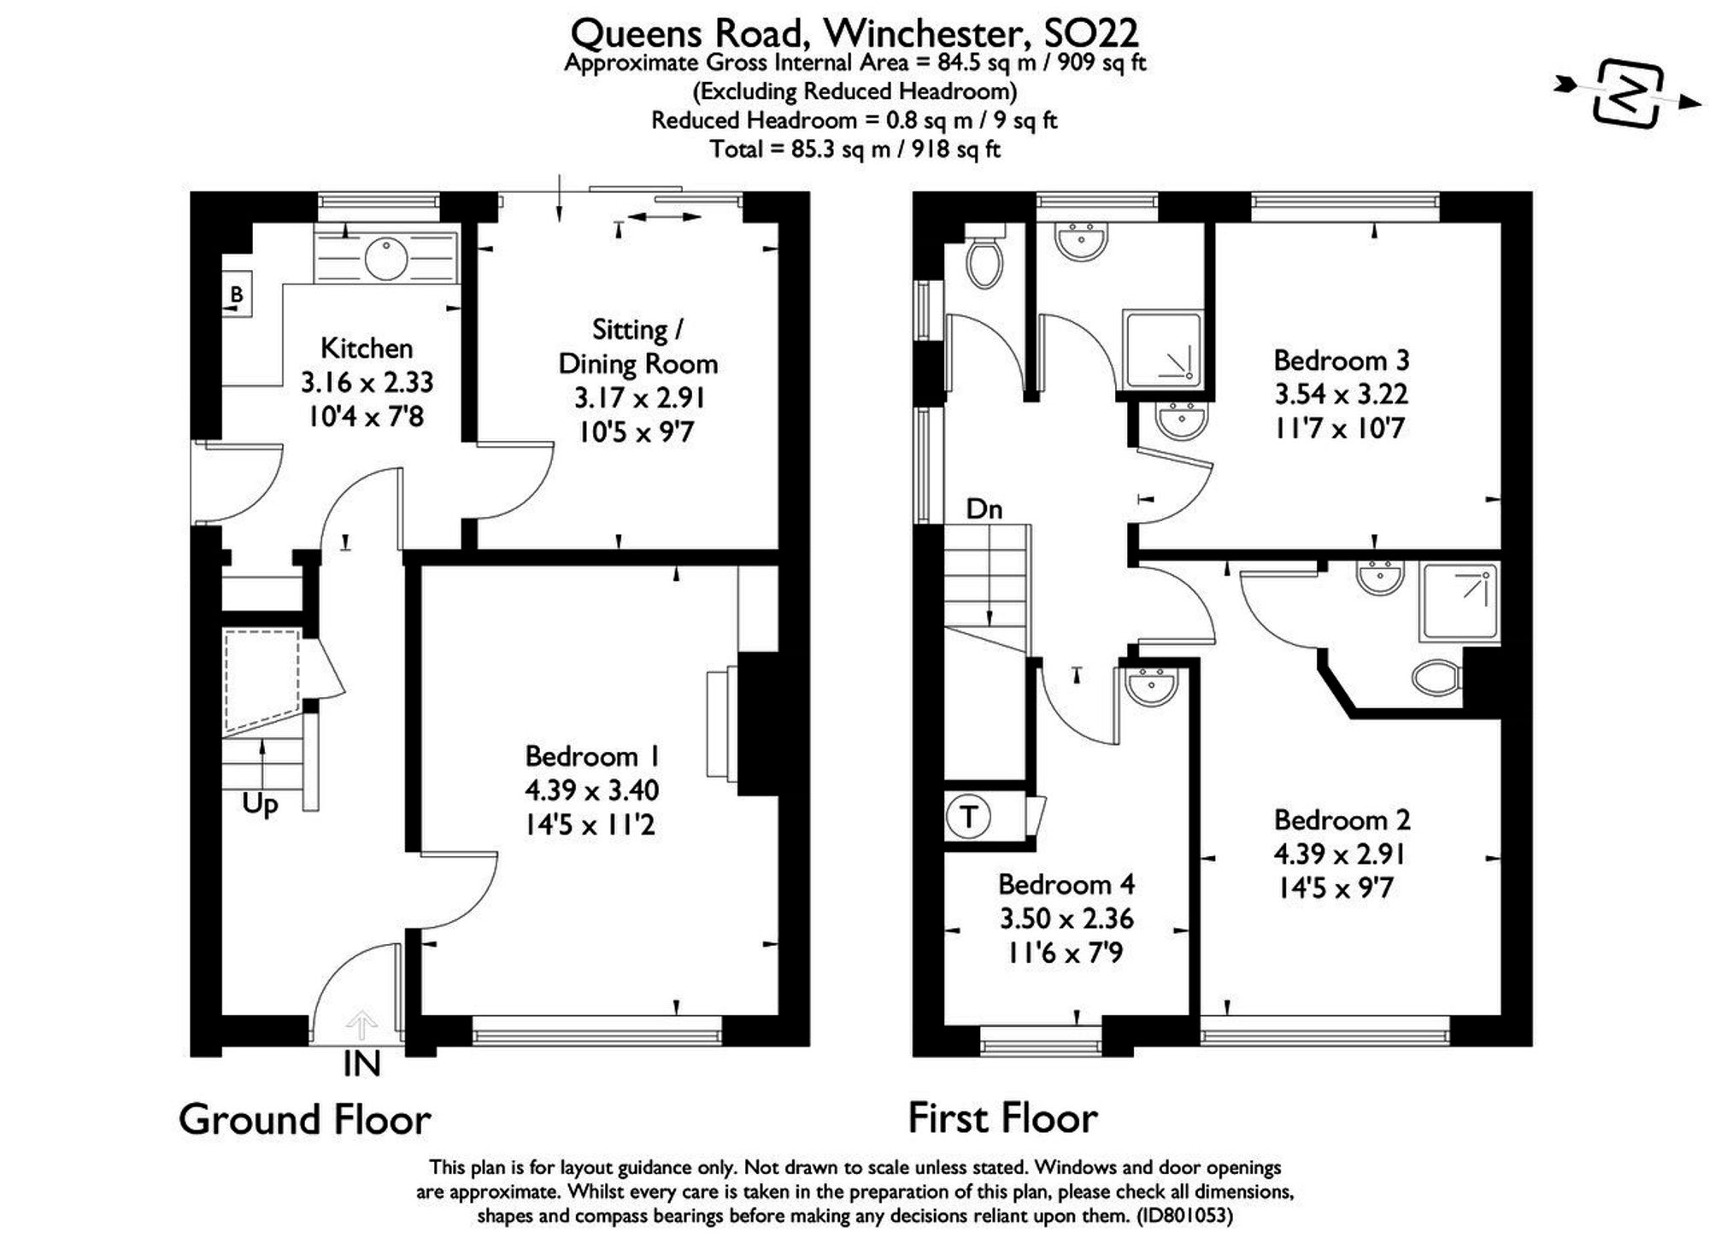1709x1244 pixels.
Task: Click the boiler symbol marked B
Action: click(236, 296)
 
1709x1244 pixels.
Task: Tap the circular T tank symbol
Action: click(968, 817)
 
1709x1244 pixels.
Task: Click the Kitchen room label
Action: click(367, 349)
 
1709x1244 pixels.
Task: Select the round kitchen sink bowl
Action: click(386, 258)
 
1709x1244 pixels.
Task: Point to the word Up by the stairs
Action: click(260, 805)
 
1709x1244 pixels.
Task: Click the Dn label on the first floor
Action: click(984, 510)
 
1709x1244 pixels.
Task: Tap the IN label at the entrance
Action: click(361, 1065)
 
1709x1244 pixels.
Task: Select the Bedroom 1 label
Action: click(591, 757)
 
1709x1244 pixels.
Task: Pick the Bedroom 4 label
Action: click(1066, 884)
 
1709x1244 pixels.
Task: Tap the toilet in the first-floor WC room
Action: click(984, 261)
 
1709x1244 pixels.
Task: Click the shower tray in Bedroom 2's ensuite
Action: click(1459, 601)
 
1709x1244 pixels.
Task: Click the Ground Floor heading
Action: click(305, 1119)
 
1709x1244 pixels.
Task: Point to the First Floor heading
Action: click(1002, 1118)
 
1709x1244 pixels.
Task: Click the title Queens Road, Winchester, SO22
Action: click(854, 33)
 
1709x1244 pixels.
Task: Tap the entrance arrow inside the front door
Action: click(361, 1024)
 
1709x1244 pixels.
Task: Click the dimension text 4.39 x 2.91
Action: click(1339, 854)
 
